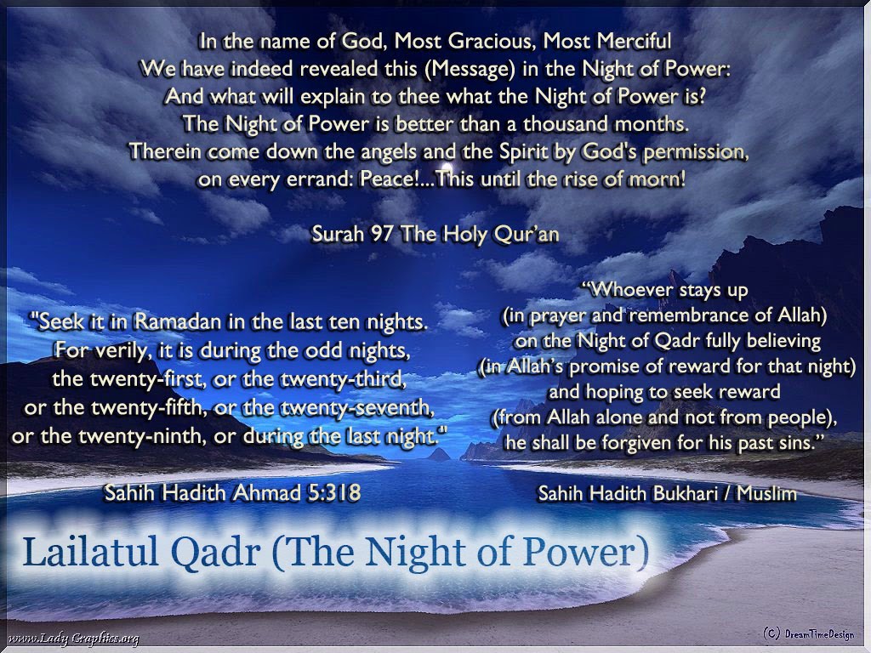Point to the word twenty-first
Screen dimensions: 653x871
click(136, 378)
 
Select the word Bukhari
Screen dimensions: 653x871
click(683, 492)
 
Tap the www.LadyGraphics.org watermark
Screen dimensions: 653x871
click(72, 639)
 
